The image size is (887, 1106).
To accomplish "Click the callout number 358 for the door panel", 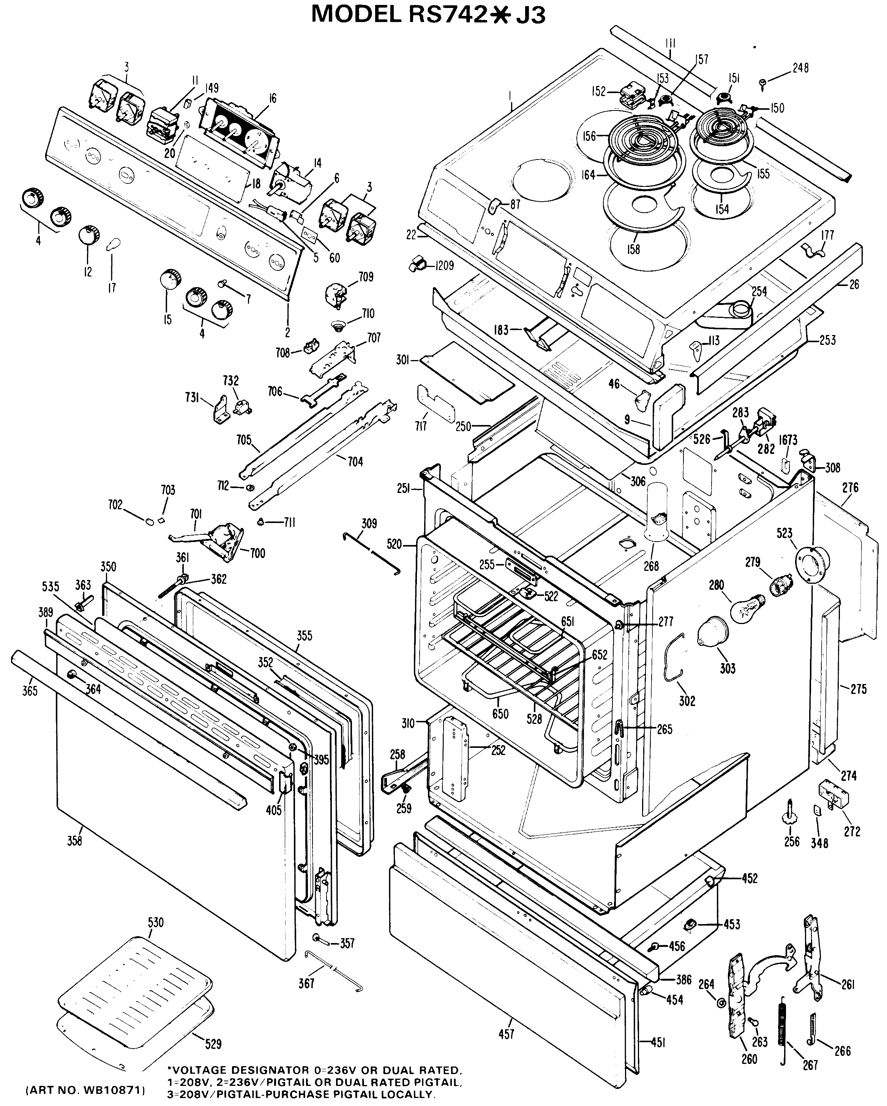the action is coord(74,840).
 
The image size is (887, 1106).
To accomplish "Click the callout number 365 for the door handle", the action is coord(30,690).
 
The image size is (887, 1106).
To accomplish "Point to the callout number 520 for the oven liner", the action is coord(394,544).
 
